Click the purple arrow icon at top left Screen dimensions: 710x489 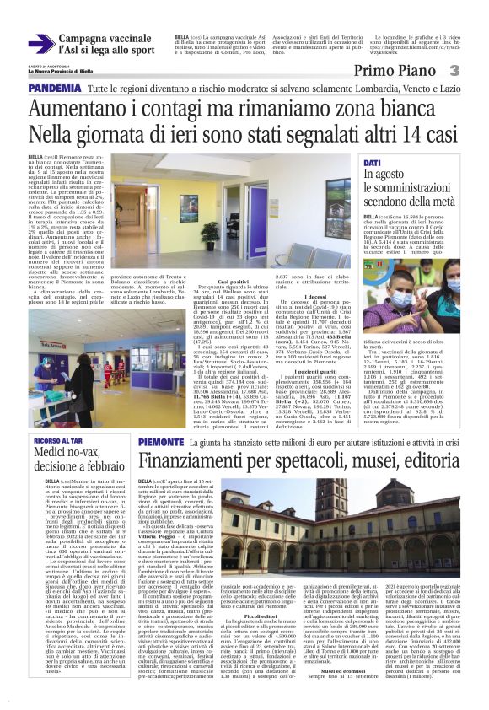[41, 43]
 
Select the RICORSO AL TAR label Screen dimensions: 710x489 [56, 441]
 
